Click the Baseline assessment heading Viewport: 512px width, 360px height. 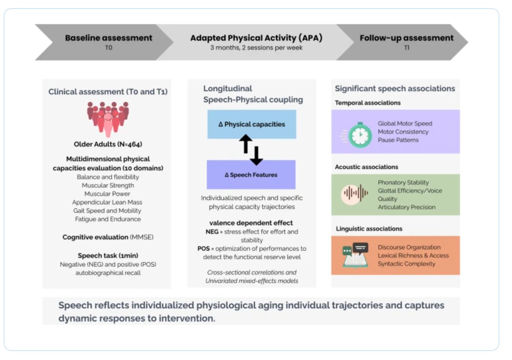pos(108,38)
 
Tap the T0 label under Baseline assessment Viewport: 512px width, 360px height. pos(108,47)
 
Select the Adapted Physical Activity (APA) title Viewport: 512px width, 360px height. pos(256,38)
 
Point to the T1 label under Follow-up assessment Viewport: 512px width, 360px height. pos(407,47)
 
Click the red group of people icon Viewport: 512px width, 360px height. pos(108,119)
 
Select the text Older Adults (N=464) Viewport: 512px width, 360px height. pos(108,144)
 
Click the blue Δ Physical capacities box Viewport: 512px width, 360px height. pos(252,124)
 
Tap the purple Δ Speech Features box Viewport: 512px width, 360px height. pos(251,175)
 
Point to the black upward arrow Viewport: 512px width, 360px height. pos(246,143)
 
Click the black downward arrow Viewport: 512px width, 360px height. pos(256,156)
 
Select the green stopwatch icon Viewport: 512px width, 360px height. pos(360,135)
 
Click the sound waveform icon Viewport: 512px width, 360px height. pos(355,194)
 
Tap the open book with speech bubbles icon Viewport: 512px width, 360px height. pos(355,255)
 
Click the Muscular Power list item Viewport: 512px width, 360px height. pos(107,194)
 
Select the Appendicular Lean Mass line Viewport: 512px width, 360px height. pos(107,202)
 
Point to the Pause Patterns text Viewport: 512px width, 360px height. pos(398,140)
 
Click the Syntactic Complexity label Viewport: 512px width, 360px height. pos(406,264)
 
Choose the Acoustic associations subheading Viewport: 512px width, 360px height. pos(367,167)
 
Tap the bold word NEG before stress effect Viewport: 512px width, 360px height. pos(212,232)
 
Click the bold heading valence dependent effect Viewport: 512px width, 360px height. pos(251,223)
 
